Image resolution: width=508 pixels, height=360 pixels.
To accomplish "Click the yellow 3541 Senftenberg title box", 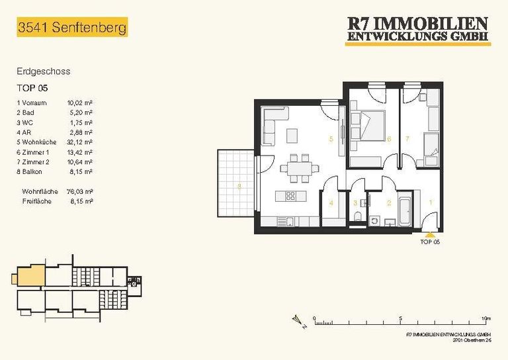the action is pyautogui.click(x=72, y=27).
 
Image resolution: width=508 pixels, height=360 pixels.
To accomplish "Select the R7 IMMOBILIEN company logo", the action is pyautogui.click(x=418, y=30).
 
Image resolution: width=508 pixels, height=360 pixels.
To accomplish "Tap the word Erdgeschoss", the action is pyautogui.click(x=44, y=71).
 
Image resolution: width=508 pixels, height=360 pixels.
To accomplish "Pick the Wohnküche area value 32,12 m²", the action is pyautogui.click(x=79, y=142).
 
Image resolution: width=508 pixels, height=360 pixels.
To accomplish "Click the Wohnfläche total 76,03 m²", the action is pyautogui.click(x=79, y=191).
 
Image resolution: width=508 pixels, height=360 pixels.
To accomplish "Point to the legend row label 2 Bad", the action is pyautogui.click(x=26, y=112).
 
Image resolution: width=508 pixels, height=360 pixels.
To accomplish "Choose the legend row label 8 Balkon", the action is pyautogui.click(x=30, y=172).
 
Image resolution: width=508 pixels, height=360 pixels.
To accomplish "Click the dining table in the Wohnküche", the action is pyautogui.click(x=300, y=168).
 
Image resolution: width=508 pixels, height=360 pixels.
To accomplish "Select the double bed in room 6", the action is pyautogui.click(x=368, y=126).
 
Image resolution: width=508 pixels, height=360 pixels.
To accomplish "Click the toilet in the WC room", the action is pyautogui.click(x=357, y=216).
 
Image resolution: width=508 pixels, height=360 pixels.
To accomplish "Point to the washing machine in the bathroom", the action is pyautogui.click(x=374, y=221).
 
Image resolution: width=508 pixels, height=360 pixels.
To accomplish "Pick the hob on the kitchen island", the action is pyautogui.click(x=290, y=196).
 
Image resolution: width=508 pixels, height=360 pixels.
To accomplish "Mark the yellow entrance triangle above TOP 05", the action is pyautogui.click(x=430, y=236).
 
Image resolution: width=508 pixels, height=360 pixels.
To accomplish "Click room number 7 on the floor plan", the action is pyautogui.click(x=407, y=139).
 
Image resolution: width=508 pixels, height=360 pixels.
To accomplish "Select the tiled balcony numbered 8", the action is pyautogui.click(x=236, y=183).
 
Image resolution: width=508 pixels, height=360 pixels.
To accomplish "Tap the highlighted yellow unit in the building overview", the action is pyautogui.click(x=31, y=276).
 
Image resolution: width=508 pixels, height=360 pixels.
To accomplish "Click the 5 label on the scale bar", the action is pyautogui.click(x=400, y=318).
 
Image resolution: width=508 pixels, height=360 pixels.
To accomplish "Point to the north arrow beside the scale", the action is pyautogui.click(x=299, y=322).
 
